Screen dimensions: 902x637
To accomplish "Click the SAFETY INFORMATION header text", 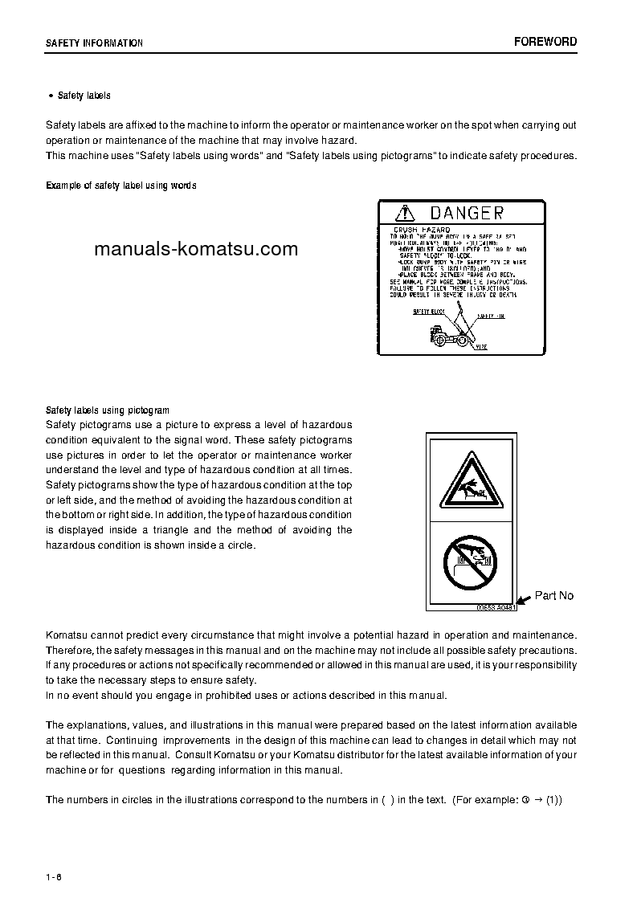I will pyautogui.click(x=94, y=43).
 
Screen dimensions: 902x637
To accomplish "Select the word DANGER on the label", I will pyautogui.click(x=467, y=213).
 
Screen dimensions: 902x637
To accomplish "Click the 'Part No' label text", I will pyautogui.click(x=554, y=595).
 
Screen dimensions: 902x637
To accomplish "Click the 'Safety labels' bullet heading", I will pyautogui.click(x=84, y=96).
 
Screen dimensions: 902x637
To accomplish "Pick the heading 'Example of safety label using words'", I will pyautogui.click(x=121, y=186).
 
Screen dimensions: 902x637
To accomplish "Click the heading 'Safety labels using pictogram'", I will pyautogui.click(x=108, y=410).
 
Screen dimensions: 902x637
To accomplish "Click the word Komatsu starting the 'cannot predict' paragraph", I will pyautogui.click(x=66, y=635).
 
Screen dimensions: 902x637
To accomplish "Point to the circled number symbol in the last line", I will pyautogui.click(x=525, y=800).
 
